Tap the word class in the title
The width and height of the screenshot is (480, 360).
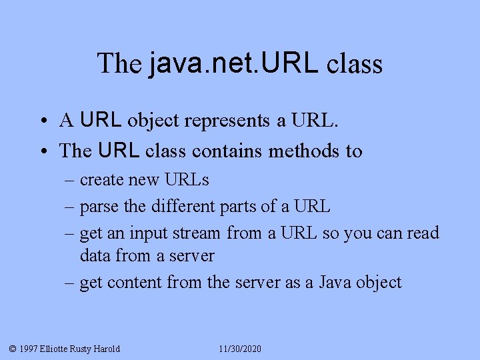click(355, 63)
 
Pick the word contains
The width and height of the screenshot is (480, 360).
click(227, 151)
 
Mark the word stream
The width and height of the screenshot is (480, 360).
click(196, 233)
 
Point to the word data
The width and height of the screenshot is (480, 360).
click(95, 255)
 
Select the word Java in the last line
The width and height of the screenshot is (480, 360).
click(335, 283)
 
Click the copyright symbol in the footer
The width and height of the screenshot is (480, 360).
click(12, 349)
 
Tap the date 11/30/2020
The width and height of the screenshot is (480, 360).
click(240, 349)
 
